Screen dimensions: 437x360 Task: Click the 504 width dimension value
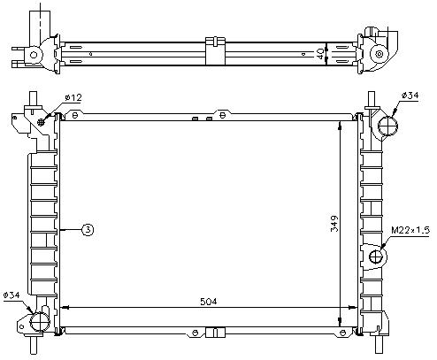pos(208,302)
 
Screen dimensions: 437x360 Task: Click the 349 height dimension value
pos(334,224)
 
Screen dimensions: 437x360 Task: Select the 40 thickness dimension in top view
pos(319,54)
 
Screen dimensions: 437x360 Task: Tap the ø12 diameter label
pos(73,97)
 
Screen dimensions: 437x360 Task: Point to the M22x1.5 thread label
pos(410,230)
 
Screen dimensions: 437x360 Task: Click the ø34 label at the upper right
pos(410,96)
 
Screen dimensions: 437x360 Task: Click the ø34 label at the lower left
pos(11,295)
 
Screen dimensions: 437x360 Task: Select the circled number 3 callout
pos(88,230)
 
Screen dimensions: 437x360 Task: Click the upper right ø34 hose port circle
pos(387,126)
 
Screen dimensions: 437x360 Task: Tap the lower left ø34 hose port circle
pos(40,321)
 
